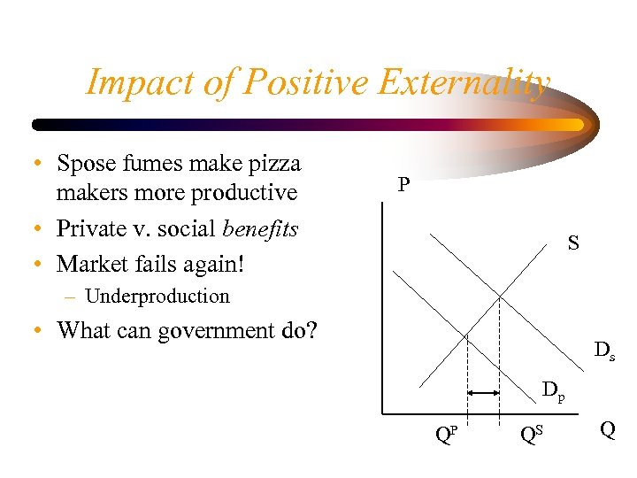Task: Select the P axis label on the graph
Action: [x=403, y=185]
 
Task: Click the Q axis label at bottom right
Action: [x=608, y=429]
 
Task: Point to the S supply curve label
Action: [x=573, y=243]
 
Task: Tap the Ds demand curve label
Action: [x=604, y=351]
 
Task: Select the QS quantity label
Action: [x=531, y=434]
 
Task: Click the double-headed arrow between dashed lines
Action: [x=483, y=391]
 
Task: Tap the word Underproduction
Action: [x=157, y=297]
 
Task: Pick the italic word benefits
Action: [x=260, y=228]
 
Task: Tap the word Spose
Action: [x=83, y=164]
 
